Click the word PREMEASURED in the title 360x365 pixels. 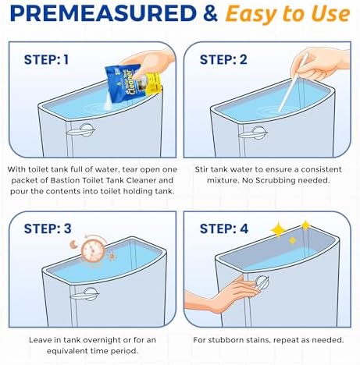coord(103,13)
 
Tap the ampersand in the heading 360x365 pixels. coord(211,13)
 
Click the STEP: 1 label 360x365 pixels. coord(46,59)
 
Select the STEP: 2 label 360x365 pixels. coord(223,59)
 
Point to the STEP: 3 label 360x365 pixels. coord(48,229)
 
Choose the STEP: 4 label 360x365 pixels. coord(224,229)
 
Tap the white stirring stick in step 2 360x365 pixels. coord(293,82)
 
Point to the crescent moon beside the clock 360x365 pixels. coord(73,244)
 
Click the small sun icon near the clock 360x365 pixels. coord(112,257)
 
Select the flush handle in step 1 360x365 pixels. coord(81,130)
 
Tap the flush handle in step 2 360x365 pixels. coord(253,133)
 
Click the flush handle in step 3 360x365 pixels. coord(85,294)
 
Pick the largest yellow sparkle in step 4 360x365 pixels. coord(278,229)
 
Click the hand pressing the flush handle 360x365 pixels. coord(224,296)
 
